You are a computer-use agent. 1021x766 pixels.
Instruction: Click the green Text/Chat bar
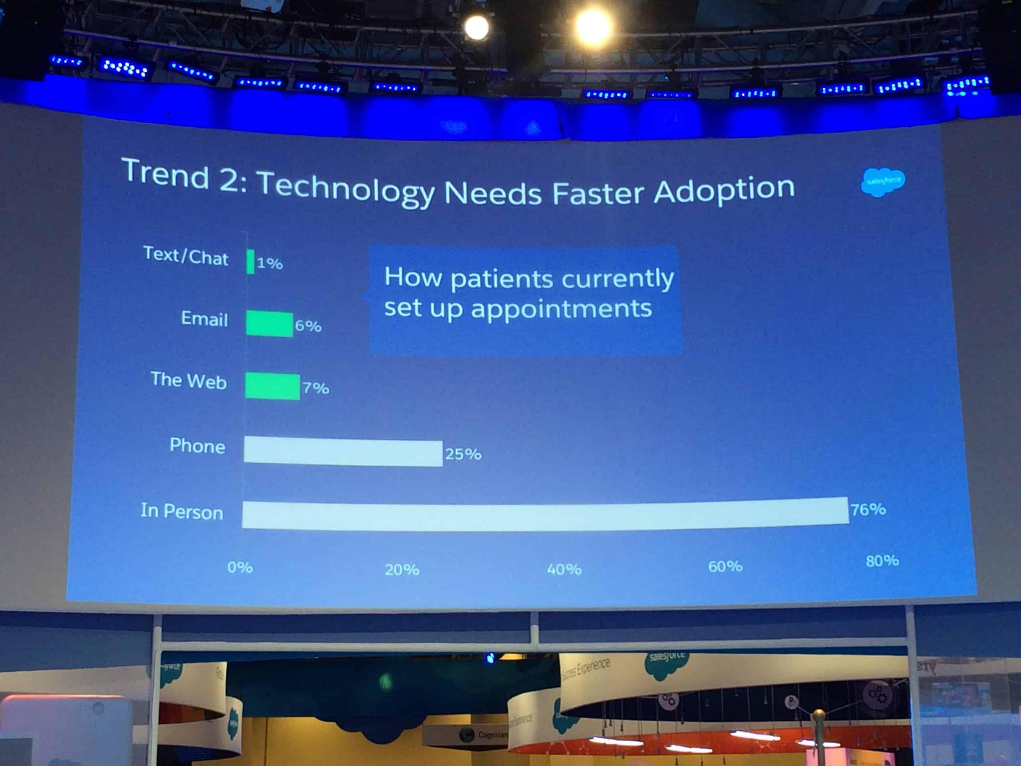coord(250,261)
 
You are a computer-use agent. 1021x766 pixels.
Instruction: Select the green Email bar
coord(269,324)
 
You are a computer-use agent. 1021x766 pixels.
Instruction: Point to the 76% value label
coord(868,509)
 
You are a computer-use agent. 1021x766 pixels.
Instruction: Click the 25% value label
coord(463,454)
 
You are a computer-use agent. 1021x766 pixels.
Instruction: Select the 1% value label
coord(270,263)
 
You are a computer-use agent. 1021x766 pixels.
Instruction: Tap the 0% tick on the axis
coord(240,567)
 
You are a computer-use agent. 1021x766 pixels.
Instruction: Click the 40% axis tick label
coord(564,569)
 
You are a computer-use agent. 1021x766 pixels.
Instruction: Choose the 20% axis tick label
coord(402,570)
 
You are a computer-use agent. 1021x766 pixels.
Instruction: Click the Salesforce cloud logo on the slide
coord(883,182)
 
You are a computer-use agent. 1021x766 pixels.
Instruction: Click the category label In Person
coord(182,511)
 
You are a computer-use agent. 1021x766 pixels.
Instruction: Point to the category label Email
coord(204,319)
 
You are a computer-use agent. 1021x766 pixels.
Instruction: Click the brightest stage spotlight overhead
coord(593,27)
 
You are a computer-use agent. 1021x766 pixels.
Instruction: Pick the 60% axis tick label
coord(725,567)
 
